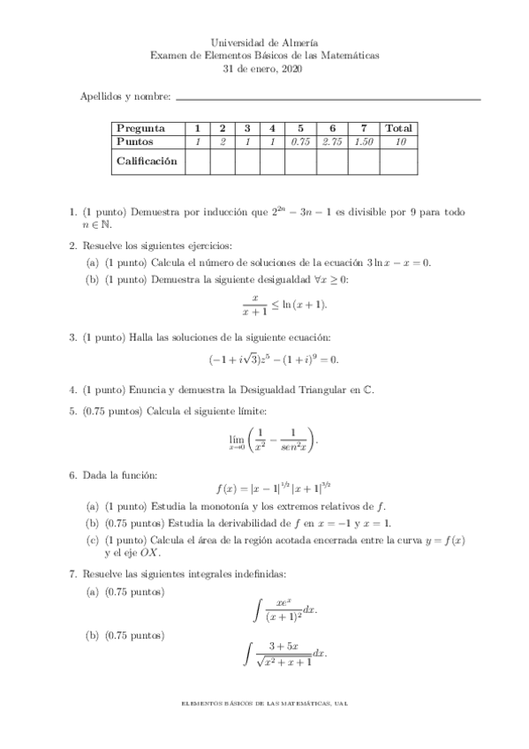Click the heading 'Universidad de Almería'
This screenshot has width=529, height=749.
pos(265,42)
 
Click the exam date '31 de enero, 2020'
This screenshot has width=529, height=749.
pos(265,68)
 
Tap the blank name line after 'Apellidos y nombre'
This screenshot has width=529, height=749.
pos(329,98)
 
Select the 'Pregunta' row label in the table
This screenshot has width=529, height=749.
pos(141,128)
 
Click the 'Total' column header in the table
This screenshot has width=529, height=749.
pos(399,128)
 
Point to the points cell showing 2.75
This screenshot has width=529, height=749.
pos(331,141)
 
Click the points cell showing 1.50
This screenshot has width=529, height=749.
pos(363,141)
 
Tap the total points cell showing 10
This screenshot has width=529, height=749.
pos(399,141)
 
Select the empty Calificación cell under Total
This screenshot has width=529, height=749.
pos(399,161)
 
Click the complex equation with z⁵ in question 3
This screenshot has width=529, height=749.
pos(274,359)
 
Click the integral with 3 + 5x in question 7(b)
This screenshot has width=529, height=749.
pos(284,654)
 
